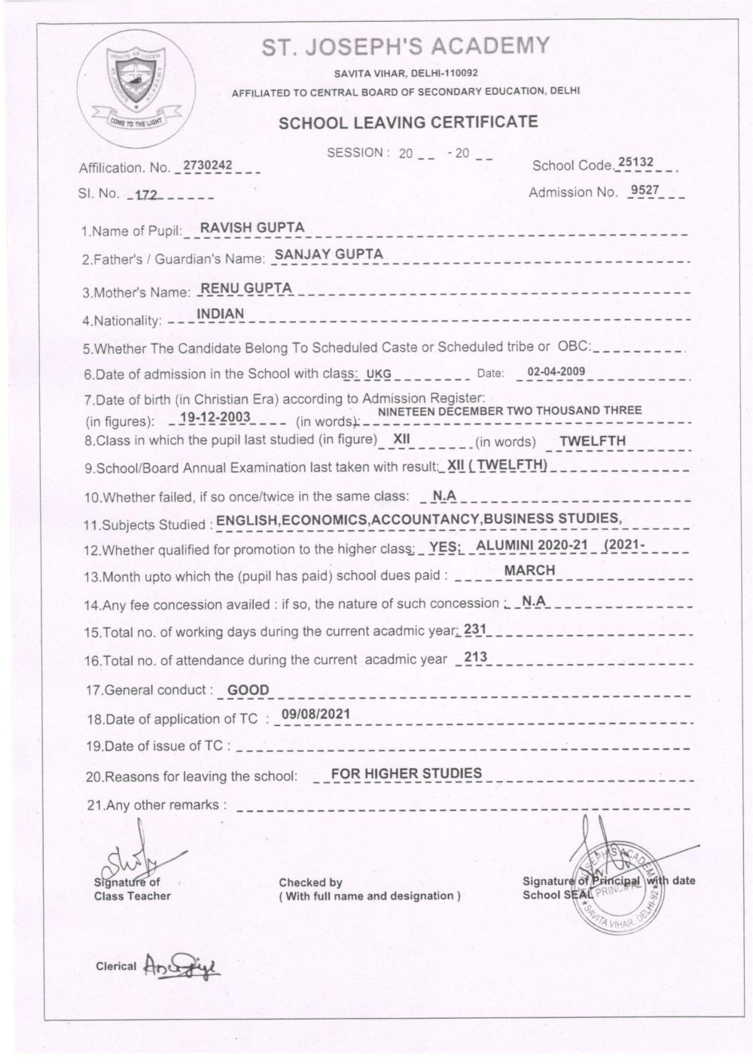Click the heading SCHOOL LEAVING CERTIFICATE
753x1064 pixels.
coord(408,123)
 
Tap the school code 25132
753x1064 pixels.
coord(636,163)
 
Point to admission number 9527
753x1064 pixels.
coord(645,190)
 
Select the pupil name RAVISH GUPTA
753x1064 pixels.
coord(247,228)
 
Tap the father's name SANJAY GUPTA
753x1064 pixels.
coord(328,255)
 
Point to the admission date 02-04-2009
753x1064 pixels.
coord(556,371)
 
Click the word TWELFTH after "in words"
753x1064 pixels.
coord(593,441)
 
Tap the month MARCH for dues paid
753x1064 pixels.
coord(529,570)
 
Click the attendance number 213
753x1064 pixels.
coord(476,657)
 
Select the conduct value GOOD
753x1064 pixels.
coord(248,689)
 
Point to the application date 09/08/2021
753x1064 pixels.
coord(314,715)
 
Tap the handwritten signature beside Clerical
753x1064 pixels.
coord(179,966)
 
